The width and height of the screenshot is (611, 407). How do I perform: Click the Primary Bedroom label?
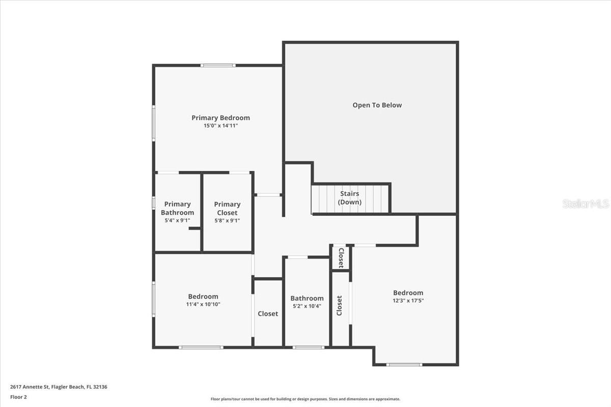pos(220,118)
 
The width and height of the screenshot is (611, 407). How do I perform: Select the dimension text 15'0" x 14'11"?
pos(220,125)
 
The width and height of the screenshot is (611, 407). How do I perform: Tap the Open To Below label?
pos(377,105)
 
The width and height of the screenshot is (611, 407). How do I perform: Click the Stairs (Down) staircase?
pos(350,198)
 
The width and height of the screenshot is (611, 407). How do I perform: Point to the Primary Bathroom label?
pos(177,208)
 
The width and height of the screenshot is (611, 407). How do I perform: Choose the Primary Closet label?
pos(227,208)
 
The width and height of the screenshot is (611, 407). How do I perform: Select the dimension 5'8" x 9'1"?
pos(227,221)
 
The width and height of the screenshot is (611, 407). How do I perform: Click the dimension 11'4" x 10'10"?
pos(203,304)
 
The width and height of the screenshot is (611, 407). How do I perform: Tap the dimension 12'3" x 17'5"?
pos(408,301)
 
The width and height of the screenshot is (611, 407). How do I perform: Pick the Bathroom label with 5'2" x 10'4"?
pos(307,298)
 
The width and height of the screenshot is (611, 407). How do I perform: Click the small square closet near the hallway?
pos(341,258)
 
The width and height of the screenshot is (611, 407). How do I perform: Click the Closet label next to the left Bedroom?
pos(268,314)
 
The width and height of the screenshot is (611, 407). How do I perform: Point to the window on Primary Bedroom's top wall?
pos(217,65)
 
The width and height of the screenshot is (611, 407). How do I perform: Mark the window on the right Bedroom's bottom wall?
pos(404,364)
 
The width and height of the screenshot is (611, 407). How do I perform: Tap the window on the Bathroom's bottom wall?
pos(308,347)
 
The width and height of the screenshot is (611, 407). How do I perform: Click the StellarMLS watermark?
pos(586,203)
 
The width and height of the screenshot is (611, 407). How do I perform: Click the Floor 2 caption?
pos(18,397)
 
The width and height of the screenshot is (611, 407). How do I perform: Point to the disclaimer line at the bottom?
pos(305,399)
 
